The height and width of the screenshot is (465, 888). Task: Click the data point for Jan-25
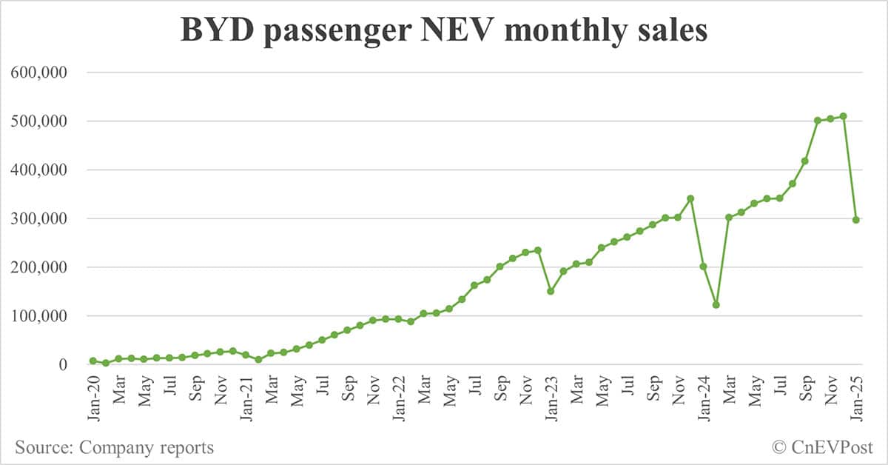(x=856, y=220)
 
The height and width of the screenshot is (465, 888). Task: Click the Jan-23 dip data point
(x=551, y=291)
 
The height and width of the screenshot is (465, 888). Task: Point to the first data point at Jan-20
(x=93, y=361)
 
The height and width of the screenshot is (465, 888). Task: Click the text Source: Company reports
(x=114, y=447)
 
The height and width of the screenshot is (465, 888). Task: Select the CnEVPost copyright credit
(x=822, y=447)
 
